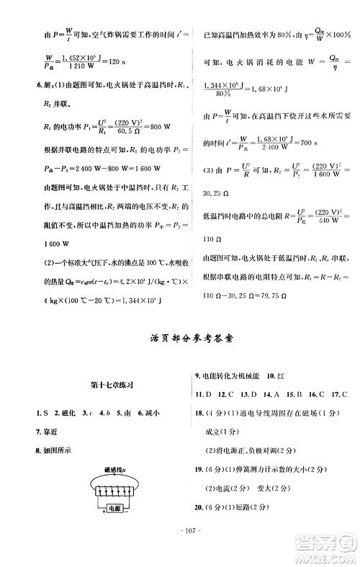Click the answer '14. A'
coord(271,395)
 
